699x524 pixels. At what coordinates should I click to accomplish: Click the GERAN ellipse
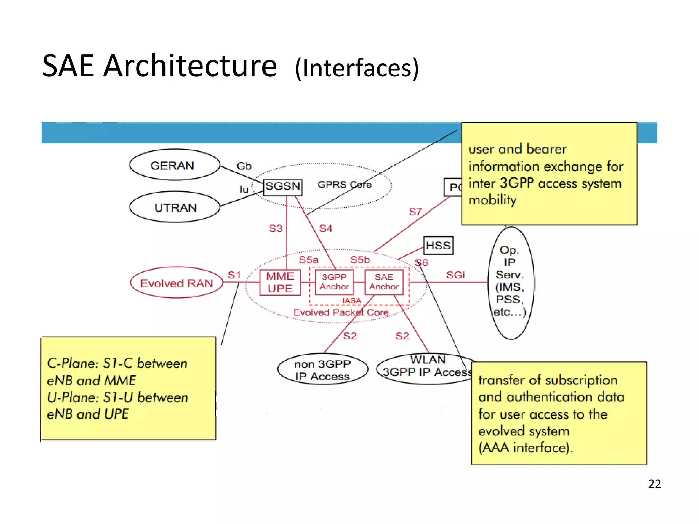coord(174,165)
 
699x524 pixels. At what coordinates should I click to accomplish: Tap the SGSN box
coord(283,187)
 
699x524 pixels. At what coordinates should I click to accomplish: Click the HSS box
coord(438,246)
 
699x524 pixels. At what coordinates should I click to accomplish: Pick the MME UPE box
coord(280,282)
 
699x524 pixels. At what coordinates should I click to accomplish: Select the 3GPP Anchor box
coord(334,282)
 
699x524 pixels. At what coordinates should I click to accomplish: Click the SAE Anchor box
coord(384,282)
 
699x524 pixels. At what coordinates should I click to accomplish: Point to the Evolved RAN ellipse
coord(176,283)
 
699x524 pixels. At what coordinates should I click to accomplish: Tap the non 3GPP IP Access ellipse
coord(323,370)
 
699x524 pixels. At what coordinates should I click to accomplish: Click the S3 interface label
coord(275,228)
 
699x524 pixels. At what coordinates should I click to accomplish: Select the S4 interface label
coord(326,228)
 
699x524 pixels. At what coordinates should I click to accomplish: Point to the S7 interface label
coord(415,212)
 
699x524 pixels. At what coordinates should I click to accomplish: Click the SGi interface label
coord(455,275)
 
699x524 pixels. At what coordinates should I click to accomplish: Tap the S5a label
coord(309,260)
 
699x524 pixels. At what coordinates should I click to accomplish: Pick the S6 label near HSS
coord(422,263)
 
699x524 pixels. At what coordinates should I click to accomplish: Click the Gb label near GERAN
coord(244,166)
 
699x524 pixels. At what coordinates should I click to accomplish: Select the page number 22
coord(654,484)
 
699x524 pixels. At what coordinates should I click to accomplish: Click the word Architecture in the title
coord(190,66)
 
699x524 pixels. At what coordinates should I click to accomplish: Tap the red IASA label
coord(352,301)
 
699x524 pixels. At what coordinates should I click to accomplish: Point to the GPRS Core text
coord(344,185)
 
